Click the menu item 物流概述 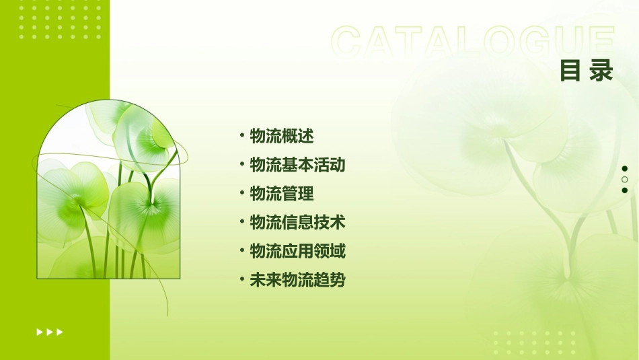[282, 136]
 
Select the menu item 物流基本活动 [297, 165]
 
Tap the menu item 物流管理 [282, 194]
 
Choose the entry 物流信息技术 [297, 223]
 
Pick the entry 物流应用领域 [297, 252]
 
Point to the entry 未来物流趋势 [297, 281]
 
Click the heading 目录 [587, 70]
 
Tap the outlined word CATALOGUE [472, 42]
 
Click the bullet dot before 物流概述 [241, 136]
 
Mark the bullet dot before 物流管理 [241, 194]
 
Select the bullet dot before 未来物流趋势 [241, 281]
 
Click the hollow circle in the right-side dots [625, 180]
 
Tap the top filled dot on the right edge [625, 169]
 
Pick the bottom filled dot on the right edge [625, 190]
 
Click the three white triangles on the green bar [50, 332]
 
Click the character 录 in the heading [601, 70]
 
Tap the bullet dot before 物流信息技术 [241, 223]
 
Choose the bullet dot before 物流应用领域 [241, 252]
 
